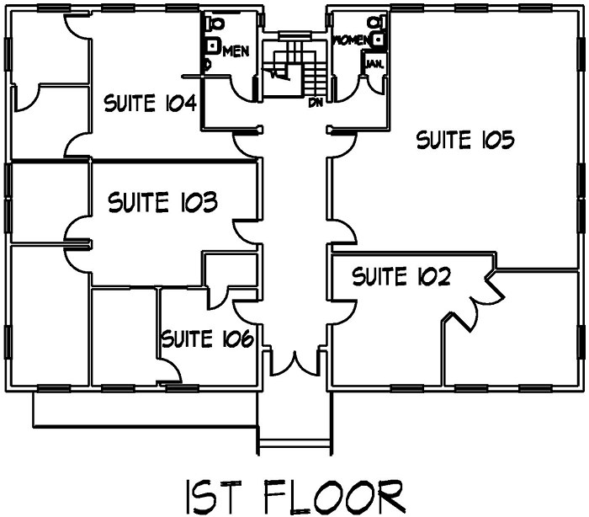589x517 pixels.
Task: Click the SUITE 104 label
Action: [150, 104]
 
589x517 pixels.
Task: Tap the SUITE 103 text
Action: [163, 202]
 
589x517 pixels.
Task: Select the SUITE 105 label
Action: [464, 141]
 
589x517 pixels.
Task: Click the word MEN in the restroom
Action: [236, 51]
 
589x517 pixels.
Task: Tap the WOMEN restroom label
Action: [352, 40]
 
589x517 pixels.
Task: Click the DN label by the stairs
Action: [316, 103]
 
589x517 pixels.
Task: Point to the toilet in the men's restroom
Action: [213, 23]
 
